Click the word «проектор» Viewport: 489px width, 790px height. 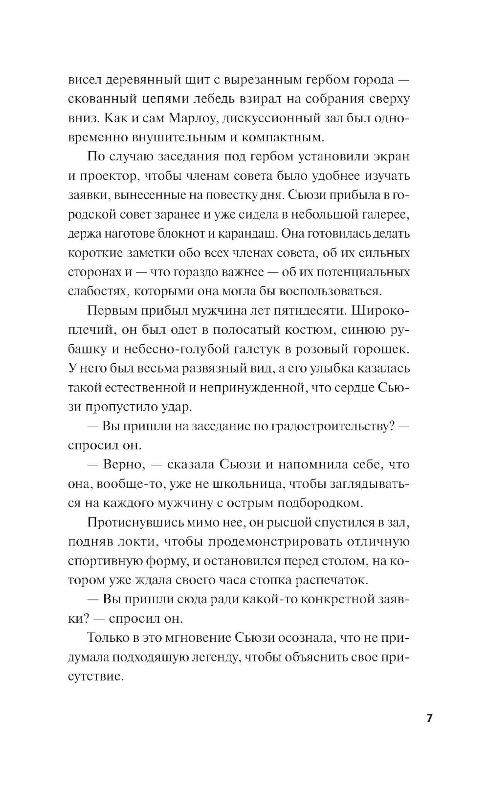pyautogui.click(x=112, y=176)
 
